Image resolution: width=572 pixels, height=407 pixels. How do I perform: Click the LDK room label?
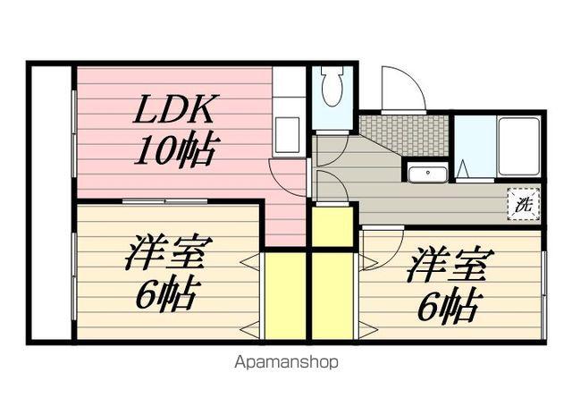click(x=175, y=111)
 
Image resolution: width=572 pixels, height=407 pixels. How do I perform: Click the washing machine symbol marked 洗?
click(x=525, y=203)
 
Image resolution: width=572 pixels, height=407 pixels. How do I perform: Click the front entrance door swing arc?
click(x=400, y=89)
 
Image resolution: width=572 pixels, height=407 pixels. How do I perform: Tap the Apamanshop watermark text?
click(x=286, y=363)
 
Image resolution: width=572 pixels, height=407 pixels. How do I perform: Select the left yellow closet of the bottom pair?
click(x=283, y=295)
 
